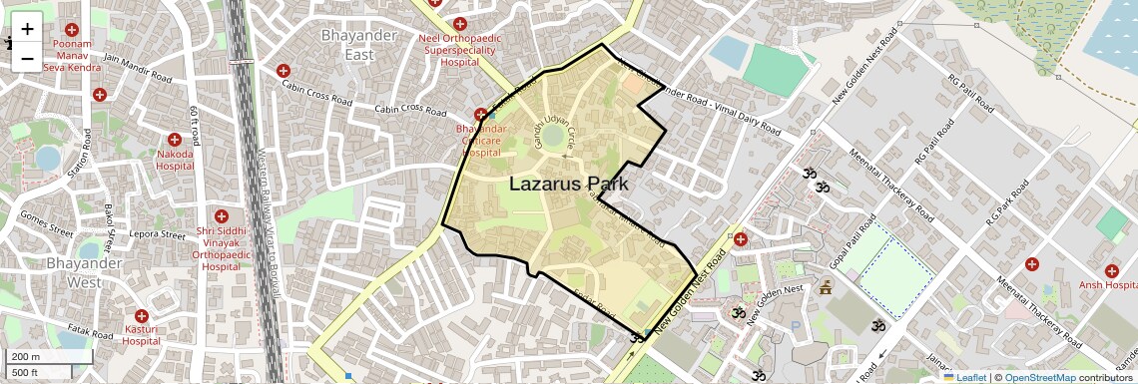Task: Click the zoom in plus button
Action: (27, 29)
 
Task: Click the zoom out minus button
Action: (27, 59)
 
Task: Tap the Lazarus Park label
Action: (568, 184)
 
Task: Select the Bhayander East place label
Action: (345, 45)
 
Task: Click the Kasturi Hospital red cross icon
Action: (141, 314)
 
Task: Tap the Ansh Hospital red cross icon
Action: (1112, 270)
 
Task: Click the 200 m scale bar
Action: (49, 356)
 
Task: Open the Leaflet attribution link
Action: (965, 377)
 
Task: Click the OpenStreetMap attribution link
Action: (1040, 377)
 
